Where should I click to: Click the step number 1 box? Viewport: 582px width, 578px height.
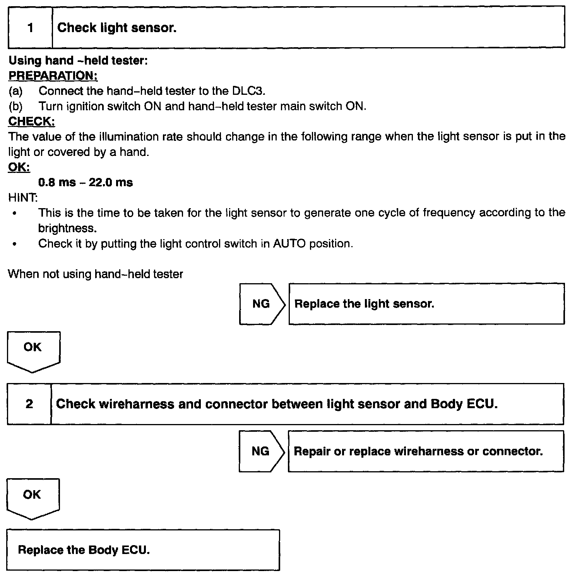(x=30, y=28)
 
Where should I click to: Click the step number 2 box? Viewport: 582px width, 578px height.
(x=29, y=404)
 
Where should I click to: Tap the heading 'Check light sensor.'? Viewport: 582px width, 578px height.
(x=117, y=28)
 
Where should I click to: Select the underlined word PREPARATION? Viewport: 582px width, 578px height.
(x=53, y=75)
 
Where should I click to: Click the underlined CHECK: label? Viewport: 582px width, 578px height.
(x=32, y=121)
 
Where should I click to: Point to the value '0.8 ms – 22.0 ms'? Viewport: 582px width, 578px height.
(x=86, y=182)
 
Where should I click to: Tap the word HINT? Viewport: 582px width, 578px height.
(x=23, y=198)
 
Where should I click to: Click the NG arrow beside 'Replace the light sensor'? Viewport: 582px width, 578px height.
(x=261, y=304)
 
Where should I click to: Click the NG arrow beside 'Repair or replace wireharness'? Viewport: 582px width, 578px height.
(x=260, y=451)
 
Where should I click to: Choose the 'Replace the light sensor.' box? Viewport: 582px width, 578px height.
(x=426, y=304)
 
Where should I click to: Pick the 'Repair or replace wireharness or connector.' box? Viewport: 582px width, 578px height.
(x=426, y=451)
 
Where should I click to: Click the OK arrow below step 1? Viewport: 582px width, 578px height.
(x=33, y=349)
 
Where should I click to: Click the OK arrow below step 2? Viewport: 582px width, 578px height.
(x=32, y=497)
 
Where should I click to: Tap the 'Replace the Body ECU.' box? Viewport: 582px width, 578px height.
(x=143, y=550)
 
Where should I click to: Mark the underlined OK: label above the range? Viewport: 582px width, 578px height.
(x=19, y=167)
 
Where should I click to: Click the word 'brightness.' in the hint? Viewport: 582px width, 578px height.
(x=67, y=228)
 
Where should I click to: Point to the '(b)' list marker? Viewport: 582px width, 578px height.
(x=15, y=106)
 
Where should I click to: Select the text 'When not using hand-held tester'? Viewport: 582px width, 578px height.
(x=96, y=274)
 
